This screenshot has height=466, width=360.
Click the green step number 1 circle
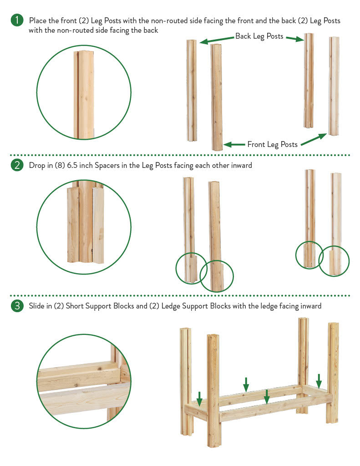(x=17, y=20)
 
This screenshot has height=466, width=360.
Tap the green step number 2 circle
(x=17, y=165)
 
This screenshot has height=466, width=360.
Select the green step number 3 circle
(x=17, y=305)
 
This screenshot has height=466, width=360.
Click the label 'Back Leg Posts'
(x=259, y=36)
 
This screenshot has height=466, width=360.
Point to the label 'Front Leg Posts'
(x=272, y=144)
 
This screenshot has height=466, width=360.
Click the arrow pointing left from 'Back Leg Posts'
(x=217, y=40)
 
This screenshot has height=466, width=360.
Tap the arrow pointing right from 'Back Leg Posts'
(x=294, y=39)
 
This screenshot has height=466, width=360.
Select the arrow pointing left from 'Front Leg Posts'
(x=234, y=145)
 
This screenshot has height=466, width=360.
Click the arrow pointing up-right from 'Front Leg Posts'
(x=314, y=140)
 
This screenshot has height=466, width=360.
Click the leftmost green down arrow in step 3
(x=199, y=399)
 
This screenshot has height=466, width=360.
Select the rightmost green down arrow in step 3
(x=319, y=381)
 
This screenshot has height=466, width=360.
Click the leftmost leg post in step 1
(x=192, y=91)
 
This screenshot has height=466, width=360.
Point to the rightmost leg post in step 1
(x=334, y=86)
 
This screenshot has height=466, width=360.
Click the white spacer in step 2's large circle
(x=98, y=225)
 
